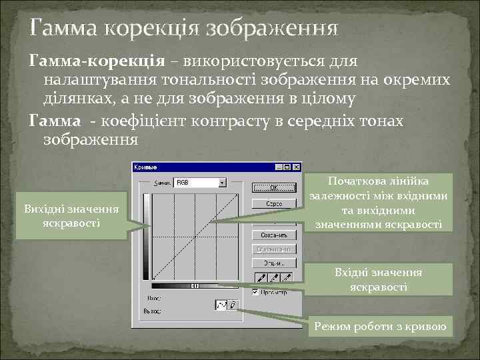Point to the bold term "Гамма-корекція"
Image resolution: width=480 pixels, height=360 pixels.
tap(96, 61)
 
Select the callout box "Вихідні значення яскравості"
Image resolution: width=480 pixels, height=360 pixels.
tap(71, 215)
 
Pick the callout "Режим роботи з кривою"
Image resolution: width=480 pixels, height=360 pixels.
tap(383, 327)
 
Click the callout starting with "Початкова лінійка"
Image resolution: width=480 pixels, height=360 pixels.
tap(378, 203)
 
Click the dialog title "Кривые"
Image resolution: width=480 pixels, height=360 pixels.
tap(146, 167)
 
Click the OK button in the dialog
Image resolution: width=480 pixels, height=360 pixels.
tap(273, 187)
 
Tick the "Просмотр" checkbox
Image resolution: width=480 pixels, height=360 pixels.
tap(255, 292)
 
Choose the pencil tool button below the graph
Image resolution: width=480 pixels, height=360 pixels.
tap(232, 305)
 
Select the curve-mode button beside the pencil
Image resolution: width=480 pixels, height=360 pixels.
tap(221, 305)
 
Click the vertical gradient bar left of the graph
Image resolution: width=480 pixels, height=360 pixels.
tap(146, 237)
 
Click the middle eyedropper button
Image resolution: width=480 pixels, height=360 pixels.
tap(274, 277)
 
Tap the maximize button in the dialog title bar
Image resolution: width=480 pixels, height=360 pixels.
tap(287, 167)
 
